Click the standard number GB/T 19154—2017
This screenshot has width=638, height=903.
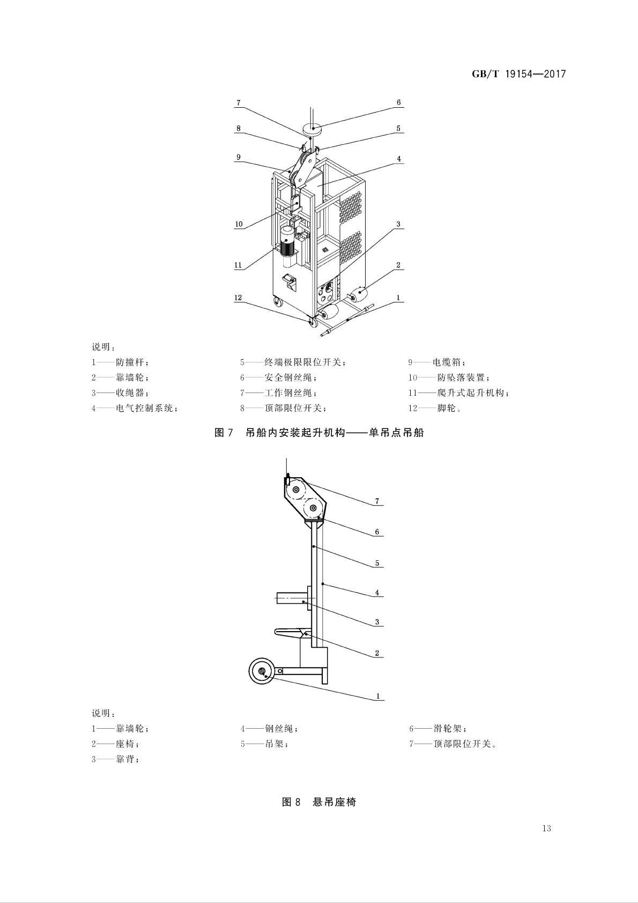(x=518, y=74)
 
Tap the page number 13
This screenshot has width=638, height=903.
(x=546, y=828)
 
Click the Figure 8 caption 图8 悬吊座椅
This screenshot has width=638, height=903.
(x=319, y=802)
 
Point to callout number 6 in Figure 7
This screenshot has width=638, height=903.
(x=398, y=102)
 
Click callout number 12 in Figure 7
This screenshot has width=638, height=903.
(x=238, y=298)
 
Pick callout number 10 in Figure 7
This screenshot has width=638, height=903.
(x=239, y=224)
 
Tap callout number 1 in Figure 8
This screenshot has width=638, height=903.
(x=377, y=696)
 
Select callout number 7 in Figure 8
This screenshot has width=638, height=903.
(x=377, y=501)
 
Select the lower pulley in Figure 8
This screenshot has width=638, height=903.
(x=313, y=507)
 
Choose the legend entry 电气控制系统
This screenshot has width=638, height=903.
(x=144, y=408)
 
